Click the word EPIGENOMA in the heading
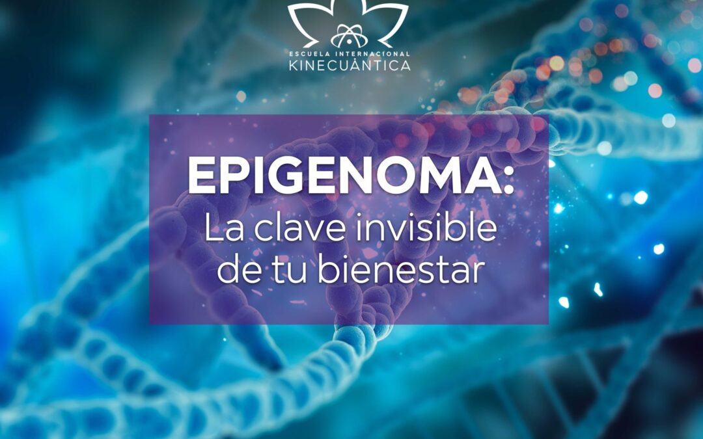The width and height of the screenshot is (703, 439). (344, 176)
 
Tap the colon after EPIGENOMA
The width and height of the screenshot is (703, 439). (508, 181)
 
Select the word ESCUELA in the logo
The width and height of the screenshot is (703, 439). (309, 54)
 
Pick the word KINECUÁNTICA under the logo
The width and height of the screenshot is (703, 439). (350, 65)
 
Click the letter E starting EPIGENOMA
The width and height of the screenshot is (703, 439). (200, 176)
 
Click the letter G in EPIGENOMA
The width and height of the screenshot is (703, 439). (279, 176)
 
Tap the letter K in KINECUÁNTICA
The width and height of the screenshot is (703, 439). (294, 66)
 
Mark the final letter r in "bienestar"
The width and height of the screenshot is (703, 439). (479, 273)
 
